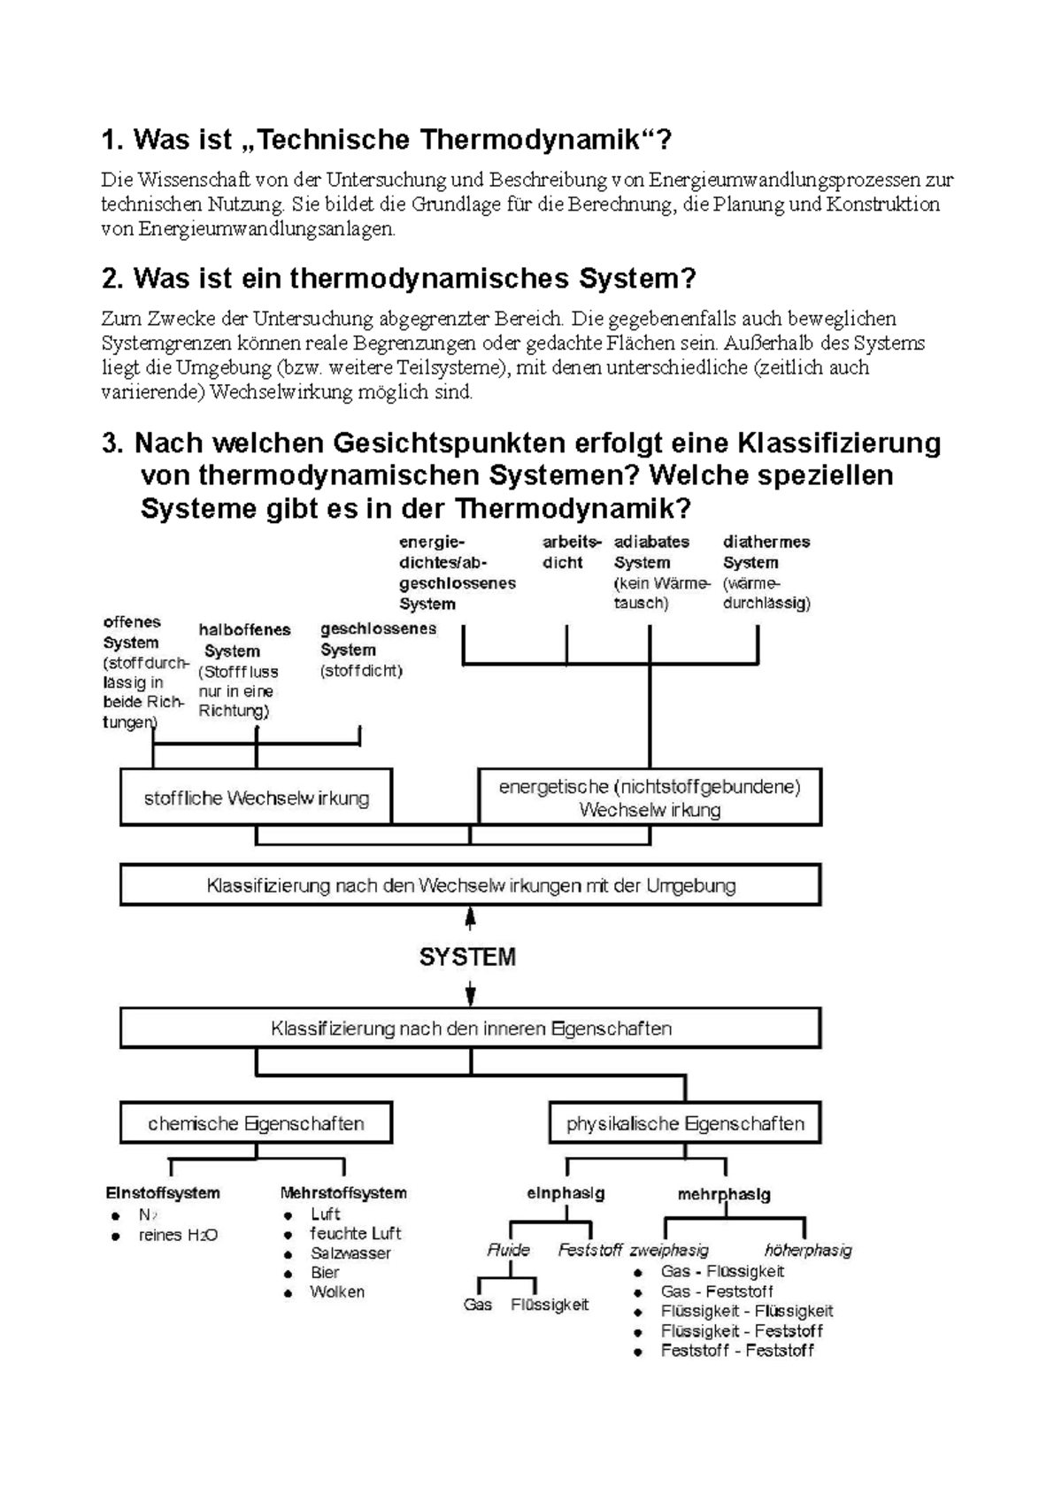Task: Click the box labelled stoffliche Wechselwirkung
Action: (256, 798)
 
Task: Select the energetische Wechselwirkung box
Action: (649, 798)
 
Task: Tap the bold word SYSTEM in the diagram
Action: (467, 957)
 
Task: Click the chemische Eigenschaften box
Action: (256, 1123)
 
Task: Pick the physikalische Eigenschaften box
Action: (685, 1123)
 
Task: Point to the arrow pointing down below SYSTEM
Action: (471, 994)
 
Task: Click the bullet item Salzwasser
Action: (350, 1253)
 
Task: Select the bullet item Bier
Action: (325, 1273)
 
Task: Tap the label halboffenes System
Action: (244, 640)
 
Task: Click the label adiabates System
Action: (651, 551)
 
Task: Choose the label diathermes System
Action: (766, 551)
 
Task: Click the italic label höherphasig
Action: (807, 1250)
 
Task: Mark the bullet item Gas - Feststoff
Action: (717, 1291)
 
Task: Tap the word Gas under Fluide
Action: (478, 1305)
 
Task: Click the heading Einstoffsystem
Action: (163, 1193)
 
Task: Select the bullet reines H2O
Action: (178, 1235)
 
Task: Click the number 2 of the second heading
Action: (110, 279)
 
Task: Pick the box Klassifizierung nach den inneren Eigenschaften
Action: (470, 1029)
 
